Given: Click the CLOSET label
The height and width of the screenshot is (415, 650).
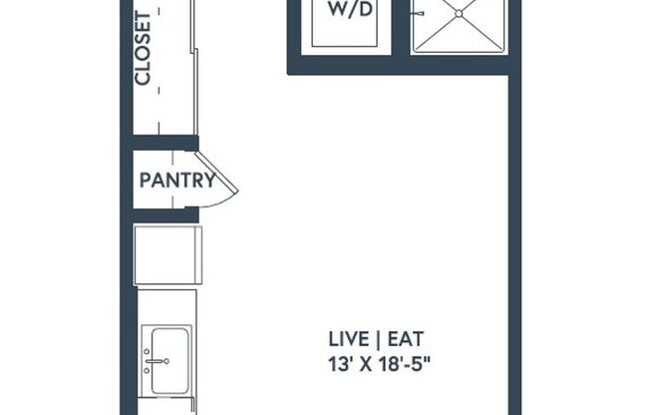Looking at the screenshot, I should (x=144, y=48).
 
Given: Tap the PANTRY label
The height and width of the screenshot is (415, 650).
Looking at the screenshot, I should (x=177, y=181).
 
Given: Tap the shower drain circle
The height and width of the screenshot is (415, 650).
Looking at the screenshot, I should (x=462, y=13).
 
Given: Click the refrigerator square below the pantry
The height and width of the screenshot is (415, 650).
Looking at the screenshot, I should (x=167, y=255).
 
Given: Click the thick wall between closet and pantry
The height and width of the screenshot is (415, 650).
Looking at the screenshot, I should (x=164, y=142).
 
